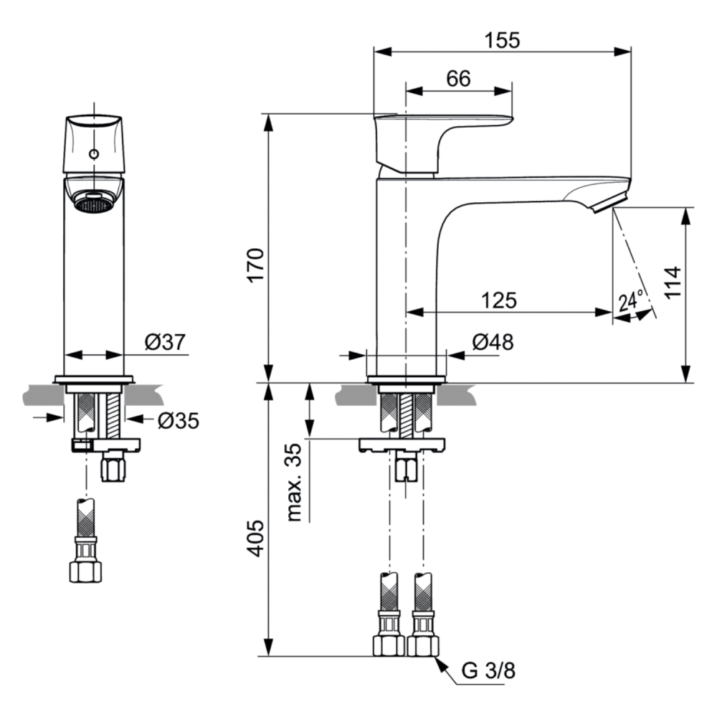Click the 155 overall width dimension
(x=502, y=40)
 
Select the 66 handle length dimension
(x=458, y=79)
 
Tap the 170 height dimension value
(x=256, y=265)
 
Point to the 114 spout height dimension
(x=673, y=282)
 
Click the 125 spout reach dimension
(x=499, y=300)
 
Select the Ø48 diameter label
(x=493, y=342)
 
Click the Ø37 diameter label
(x=165, y=342)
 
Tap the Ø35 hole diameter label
(x=179, y=421)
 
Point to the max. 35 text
(x=294, y=482)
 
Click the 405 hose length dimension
(x=256, y=538)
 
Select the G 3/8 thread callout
(x=488, y=671)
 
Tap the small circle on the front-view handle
(x=94, y=154)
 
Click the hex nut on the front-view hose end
(x=85, y=571)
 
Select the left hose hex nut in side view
(x=389, y=645)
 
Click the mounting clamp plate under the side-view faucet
(x=402, y=445)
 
